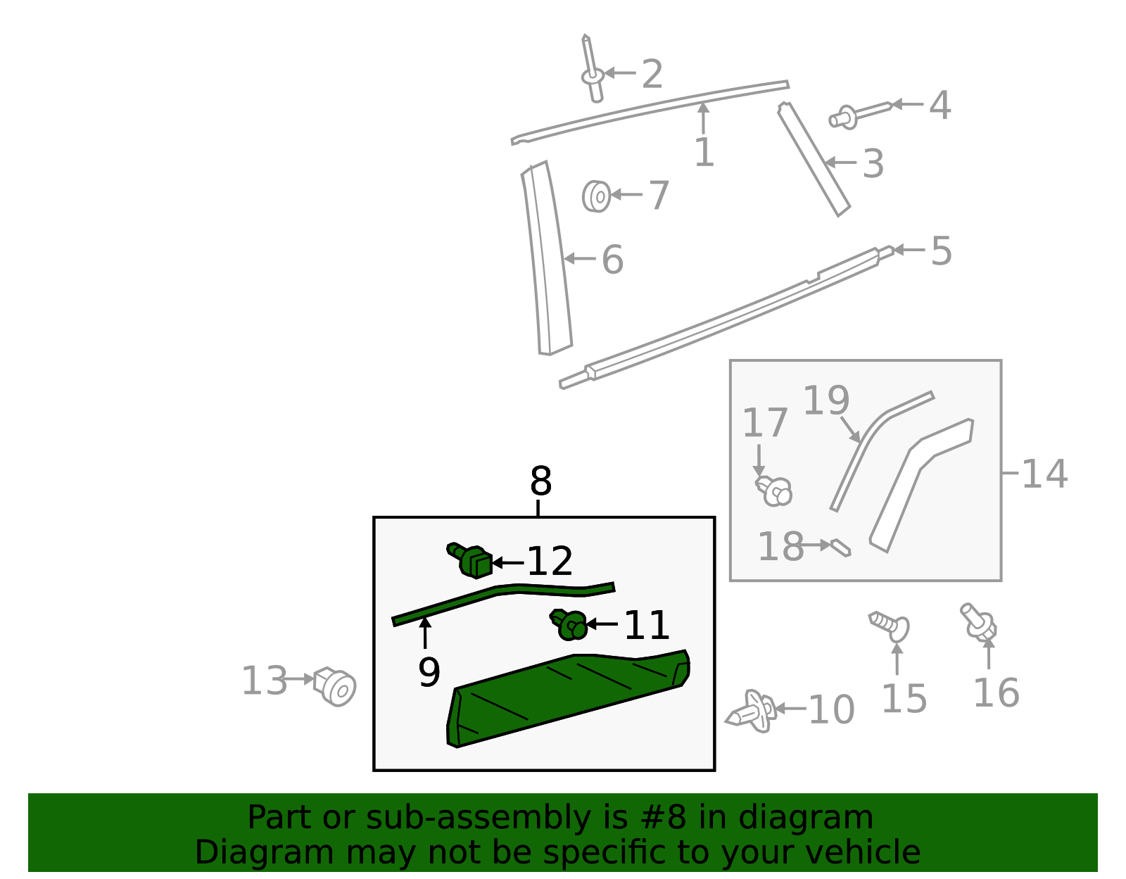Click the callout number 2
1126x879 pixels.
click(x=652, y=74)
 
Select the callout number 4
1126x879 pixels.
click(x=940, y=106)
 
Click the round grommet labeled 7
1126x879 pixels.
click(x=596, y=196)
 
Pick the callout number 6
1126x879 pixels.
click(x=612, y=260)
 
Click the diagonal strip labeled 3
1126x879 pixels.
click(x=814, y=158)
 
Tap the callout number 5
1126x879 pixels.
click(x=941, y=251)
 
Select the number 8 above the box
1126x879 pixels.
click(x=540, y=482)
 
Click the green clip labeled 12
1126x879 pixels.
click(x=472, y=561)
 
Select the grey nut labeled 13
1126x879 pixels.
click(x=336, y=686)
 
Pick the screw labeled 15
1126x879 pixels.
click(x=890, y=624)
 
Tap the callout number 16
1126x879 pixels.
click(x=996, y=693)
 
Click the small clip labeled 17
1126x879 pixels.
click(x=774, y=490)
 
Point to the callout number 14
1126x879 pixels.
click(x=1044, y=474)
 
